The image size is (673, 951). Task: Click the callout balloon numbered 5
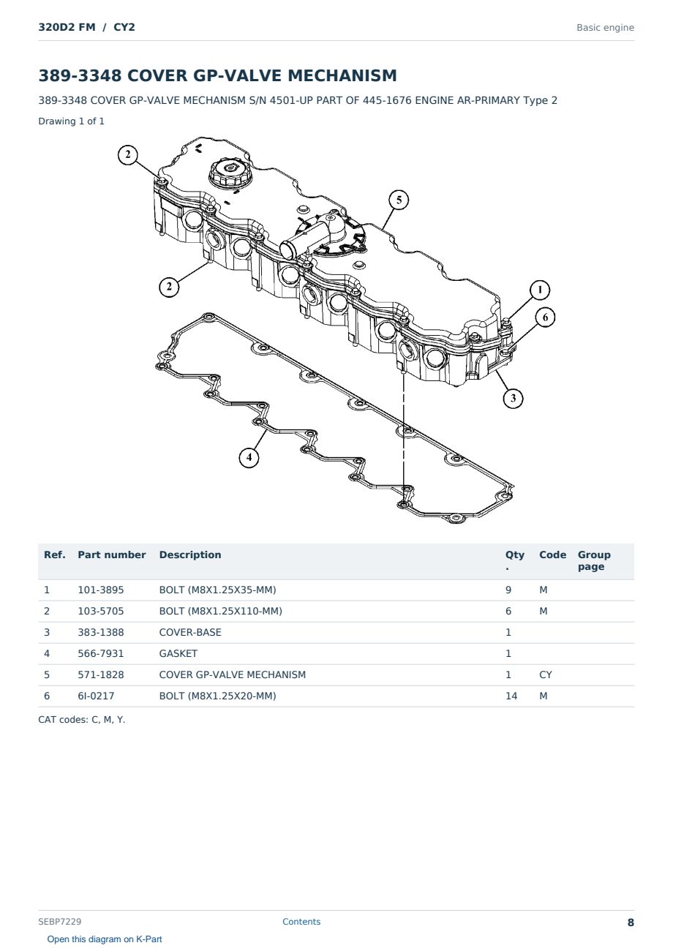[399, 200]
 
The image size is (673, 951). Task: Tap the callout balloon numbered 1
[540, 290]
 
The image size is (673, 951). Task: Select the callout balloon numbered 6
[545, 317]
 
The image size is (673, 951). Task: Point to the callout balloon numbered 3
[513, 398]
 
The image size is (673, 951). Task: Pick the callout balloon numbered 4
[249, 457]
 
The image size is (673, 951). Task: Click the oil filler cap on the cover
[230, 172]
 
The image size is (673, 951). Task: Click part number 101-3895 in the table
[101, 590]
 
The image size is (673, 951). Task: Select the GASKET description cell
[178, 653]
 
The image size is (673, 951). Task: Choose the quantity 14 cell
[511, 696]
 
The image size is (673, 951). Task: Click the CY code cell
[545, 674]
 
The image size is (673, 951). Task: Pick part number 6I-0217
[96, 696]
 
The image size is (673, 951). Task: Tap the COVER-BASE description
[190, 632]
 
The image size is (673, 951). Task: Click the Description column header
[190, 555]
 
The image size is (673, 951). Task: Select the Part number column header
[112, 555]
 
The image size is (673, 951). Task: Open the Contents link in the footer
[301, 922]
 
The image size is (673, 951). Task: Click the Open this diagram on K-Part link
[105, 939]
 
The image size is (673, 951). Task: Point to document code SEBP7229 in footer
[59, 922]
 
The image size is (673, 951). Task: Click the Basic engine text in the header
[605, 28]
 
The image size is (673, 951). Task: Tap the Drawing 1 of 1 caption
[72, 121]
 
